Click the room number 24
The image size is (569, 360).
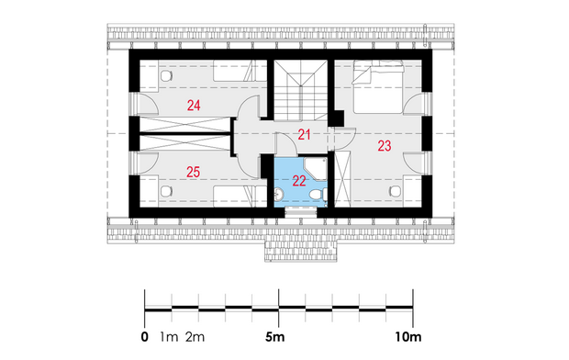(194, 106)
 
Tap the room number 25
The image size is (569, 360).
(193, 172)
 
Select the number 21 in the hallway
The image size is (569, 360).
(304, 135)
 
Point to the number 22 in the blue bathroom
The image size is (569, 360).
(299, 181)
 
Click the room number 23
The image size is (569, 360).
(385, 146)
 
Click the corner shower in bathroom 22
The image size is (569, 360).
(316, 169)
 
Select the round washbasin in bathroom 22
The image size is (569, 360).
(279, 195)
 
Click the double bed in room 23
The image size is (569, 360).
(378, 87)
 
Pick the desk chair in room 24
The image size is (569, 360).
(166, 76)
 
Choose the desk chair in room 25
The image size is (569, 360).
(166, 191)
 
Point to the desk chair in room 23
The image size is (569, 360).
(395, 191)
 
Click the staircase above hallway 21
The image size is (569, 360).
(300, 90)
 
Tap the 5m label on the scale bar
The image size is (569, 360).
(274, 337)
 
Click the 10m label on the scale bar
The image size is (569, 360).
(408, 337)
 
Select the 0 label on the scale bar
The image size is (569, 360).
(145, 337)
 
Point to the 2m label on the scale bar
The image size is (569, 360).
(195, 337)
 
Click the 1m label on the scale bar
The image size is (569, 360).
(169, 337)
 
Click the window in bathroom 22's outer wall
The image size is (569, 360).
(301, 212)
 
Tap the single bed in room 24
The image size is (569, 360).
(240, 71)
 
